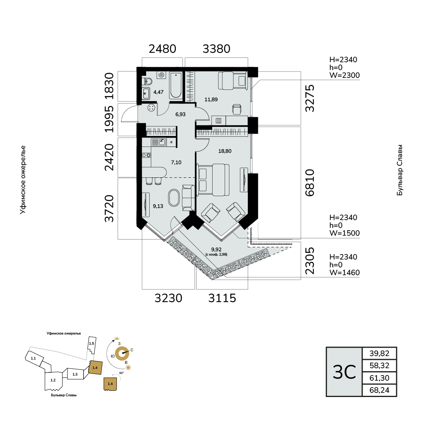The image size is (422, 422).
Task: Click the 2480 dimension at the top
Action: pos(162,49)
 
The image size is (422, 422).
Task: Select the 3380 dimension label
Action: pos(216,49)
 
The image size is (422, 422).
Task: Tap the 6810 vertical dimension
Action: pos(310,183)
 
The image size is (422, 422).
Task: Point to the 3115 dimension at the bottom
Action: pos(222,298)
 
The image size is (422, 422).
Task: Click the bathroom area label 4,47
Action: pos(158,92)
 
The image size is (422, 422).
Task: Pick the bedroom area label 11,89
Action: pos(211,100)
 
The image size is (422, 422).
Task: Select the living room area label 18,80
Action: pos(225,151)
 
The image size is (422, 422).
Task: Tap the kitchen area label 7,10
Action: pos(176,163)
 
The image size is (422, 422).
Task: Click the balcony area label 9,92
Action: pos(216,250)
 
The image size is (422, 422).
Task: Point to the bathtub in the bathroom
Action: pos(176,86)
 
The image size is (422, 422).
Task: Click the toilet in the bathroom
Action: pos(148,81)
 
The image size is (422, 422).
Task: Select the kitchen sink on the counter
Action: pos(159,142)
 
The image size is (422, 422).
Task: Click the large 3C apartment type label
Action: pos(344,372)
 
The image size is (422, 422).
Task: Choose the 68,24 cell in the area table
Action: pos(379,390)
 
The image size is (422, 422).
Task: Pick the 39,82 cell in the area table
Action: pos(379,353)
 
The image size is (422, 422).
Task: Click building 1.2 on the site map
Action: pos(53,380)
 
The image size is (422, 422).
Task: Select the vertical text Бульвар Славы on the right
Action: pos(400,170)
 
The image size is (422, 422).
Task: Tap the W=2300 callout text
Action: pos(345,75)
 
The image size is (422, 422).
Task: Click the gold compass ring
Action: pos(122,353)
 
